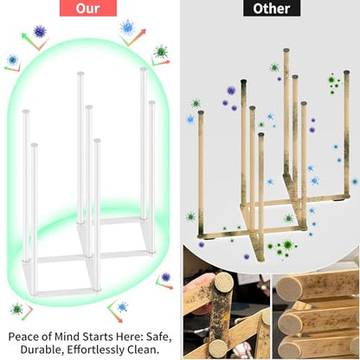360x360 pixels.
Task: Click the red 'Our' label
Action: point(88,8)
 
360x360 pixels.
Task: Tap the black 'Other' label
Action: point(272,8)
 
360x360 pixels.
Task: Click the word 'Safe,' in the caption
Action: point(159,337)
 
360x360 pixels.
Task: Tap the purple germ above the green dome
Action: point(40,31)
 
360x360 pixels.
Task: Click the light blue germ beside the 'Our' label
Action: point(127,28)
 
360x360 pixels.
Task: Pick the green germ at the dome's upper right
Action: point(161,52)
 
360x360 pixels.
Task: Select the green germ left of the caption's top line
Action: point(16,309)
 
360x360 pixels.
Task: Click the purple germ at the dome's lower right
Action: point(165,277)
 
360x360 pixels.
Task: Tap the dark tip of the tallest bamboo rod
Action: point(286,50)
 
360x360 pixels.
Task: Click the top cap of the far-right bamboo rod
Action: point(346,72)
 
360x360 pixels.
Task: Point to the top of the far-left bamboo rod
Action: point(201,112)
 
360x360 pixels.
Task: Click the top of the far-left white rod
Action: point(26,112)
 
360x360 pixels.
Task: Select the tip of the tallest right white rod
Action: point(144,69)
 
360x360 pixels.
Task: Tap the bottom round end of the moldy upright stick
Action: point(217,348)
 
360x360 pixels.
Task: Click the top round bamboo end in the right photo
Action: point(289,289)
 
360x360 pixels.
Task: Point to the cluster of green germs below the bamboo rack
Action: point(282,247)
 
